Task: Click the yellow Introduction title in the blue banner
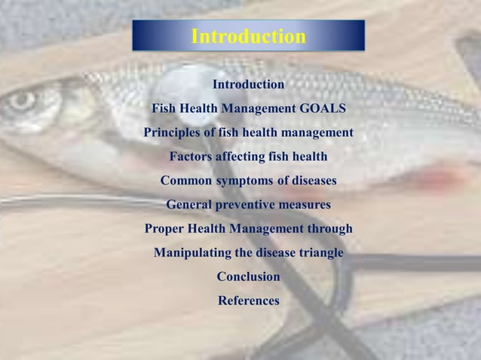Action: pyautogui.click(x=248, y=36)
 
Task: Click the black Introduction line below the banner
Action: pyautogui.click(x=248, y=84)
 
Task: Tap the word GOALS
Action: pyautogui.click(x=323, y=108)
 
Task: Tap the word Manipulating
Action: pyautogui.click(x=191, y=252)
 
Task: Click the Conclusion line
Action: pyautogui.click(x=248, y=276)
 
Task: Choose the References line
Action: pyautogui.click(x=248, y=301)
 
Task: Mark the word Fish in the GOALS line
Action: pyautogui.click(x=164, y=108)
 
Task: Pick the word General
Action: pyautogui.click(x=189, y=204)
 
